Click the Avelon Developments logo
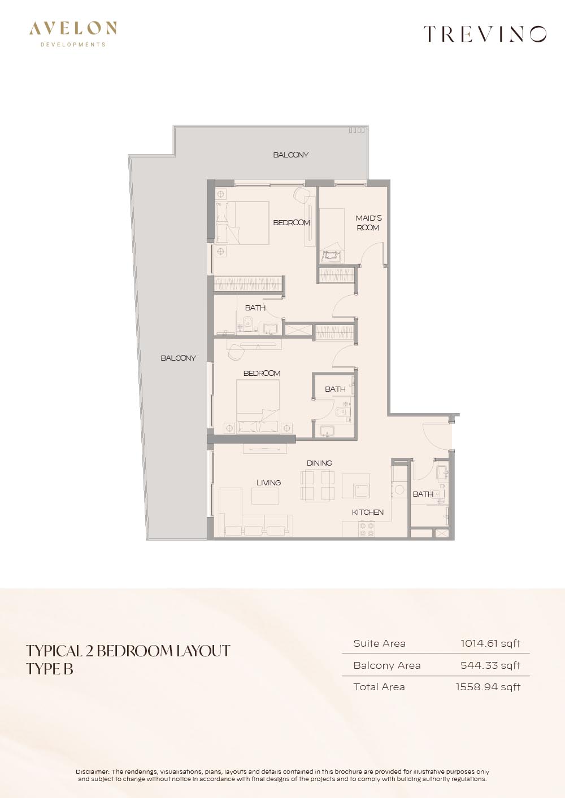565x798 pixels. [x=73, y=34]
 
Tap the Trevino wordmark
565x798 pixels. [x=485, y=34]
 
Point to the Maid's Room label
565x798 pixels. [x=368, y=223]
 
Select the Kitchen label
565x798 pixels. [x=367, y=512]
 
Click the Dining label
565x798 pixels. [x=319, y=463]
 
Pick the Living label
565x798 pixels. [x=268, y=483]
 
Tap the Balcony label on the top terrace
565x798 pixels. [x=291, y=155]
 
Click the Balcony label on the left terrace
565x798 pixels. [x=178, y=358]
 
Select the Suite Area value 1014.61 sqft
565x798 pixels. [x=490, y=643]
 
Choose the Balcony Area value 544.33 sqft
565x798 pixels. [x=490, y=665]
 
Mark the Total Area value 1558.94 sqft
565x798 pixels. [x=488, y=687]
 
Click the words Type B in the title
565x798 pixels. [x=50, y=669]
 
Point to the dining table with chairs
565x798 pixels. [x=318, y=485]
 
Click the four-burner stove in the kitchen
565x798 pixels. [x=366, y=529]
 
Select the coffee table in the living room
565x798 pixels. [x=266, y=496]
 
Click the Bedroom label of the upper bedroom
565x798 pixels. [x=292, y=223]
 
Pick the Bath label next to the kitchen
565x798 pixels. [x=423, y=494]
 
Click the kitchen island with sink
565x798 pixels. [x=356, y=485]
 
